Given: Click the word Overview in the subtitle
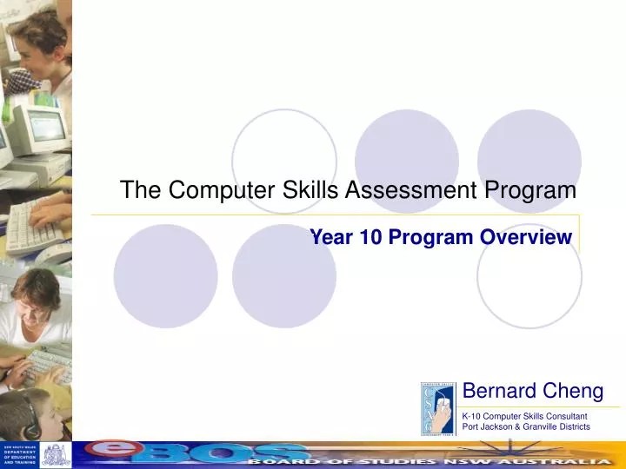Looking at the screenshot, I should (529, 236).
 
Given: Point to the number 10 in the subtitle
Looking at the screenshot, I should (368, 236).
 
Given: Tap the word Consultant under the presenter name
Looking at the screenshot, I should (562, 416).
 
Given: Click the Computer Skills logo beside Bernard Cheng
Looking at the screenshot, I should (439, 407).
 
